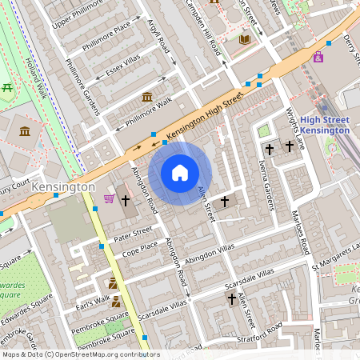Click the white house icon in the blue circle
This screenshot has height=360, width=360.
click(180, 173)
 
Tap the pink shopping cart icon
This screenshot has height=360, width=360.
click(109, 198)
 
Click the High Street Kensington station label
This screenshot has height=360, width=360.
click(324, 125)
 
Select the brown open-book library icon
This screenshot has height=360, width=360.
click(245, 39)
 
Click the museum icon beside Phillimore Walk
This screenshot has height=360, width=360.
click(147, 97)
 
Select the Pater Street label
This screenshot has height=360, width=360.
click(133, 234)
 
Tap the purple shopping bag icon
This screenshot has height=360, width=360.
click(319, 57)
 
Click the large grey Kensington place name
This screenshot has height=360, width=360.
click(64, 186)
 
